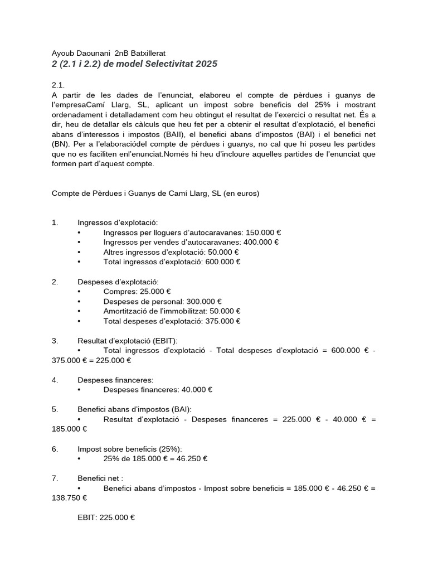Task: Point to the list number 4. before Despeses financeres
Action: click(55, 380)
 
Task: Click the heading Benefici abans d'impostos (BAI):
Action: click(134, 409)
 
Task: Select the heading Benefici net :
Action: click(100, 478)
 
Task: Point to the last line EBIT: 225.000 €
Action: click(106, 517)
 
